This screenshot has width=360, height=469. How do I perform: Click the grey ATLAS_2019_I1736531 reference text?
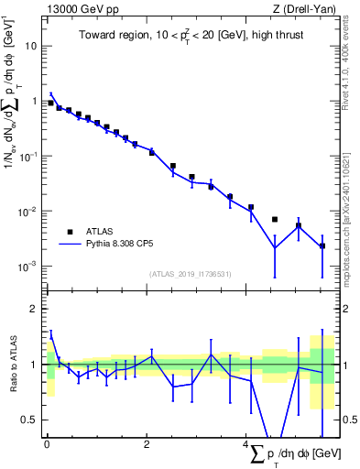pyautogui.click(x=191, y=274)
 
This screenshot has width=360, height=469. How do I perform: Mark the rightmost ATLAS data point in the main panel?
pyautogui.click(x=322, y=245)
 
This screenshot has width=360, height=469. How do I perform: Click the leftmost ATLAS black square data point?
pyautogui.click(x=50, y=104)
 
